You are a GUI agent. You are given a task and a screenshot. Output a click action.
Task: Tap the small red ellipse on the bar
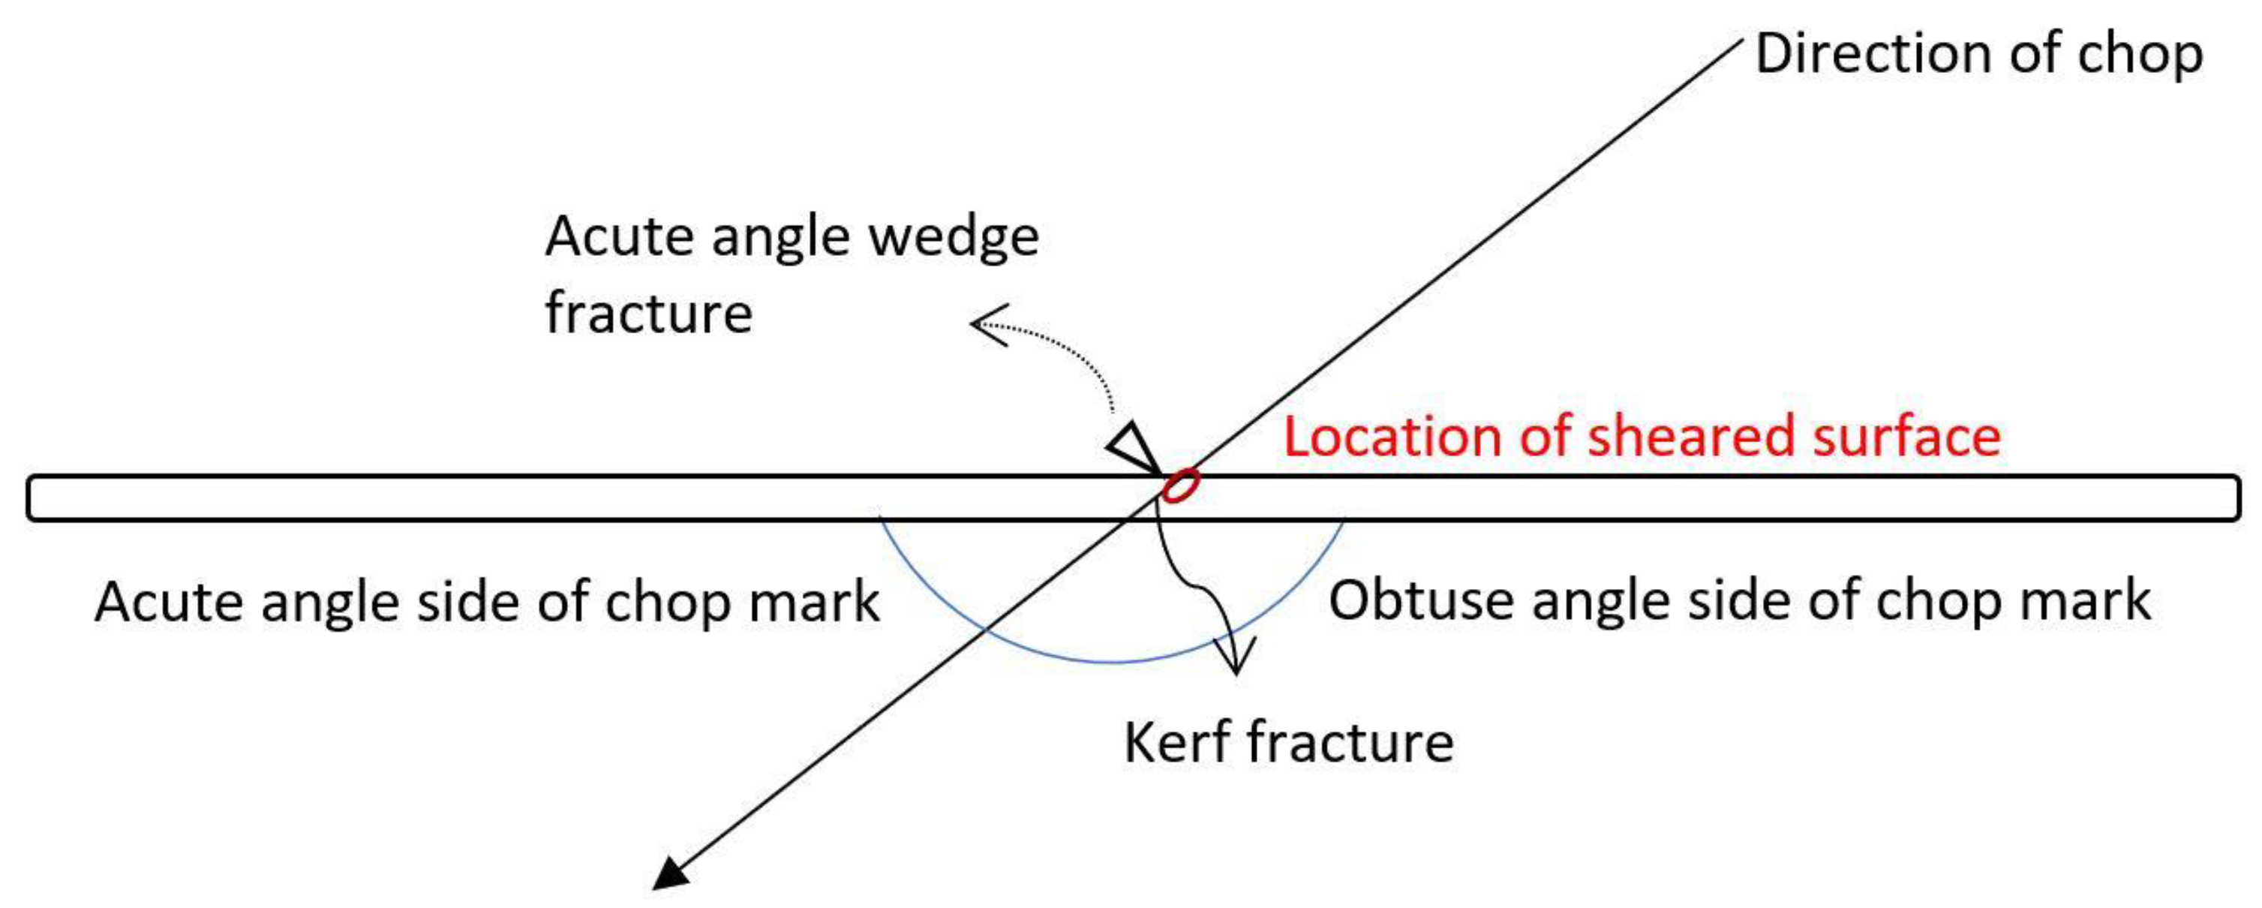click(x=1180, y=485)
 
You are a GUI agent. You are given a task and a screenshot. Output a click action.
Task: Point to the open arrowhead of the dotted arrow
click(x=988, y=325)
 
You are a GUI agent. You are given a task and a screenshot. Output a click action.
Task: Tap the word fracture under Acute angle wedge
click(x=649, y=314)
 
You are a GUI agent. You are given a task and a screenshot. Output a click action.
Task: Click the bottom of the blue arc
click(x=1112, y=660)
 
